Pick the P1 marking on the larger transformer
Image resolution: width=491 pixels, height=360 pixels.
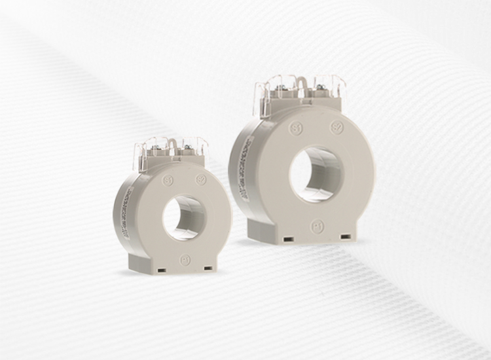315,223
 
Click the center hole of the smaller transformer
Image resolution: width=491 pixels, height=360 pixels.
184,218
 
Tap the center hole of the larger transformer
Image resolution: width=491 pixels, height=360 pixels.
316,173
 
